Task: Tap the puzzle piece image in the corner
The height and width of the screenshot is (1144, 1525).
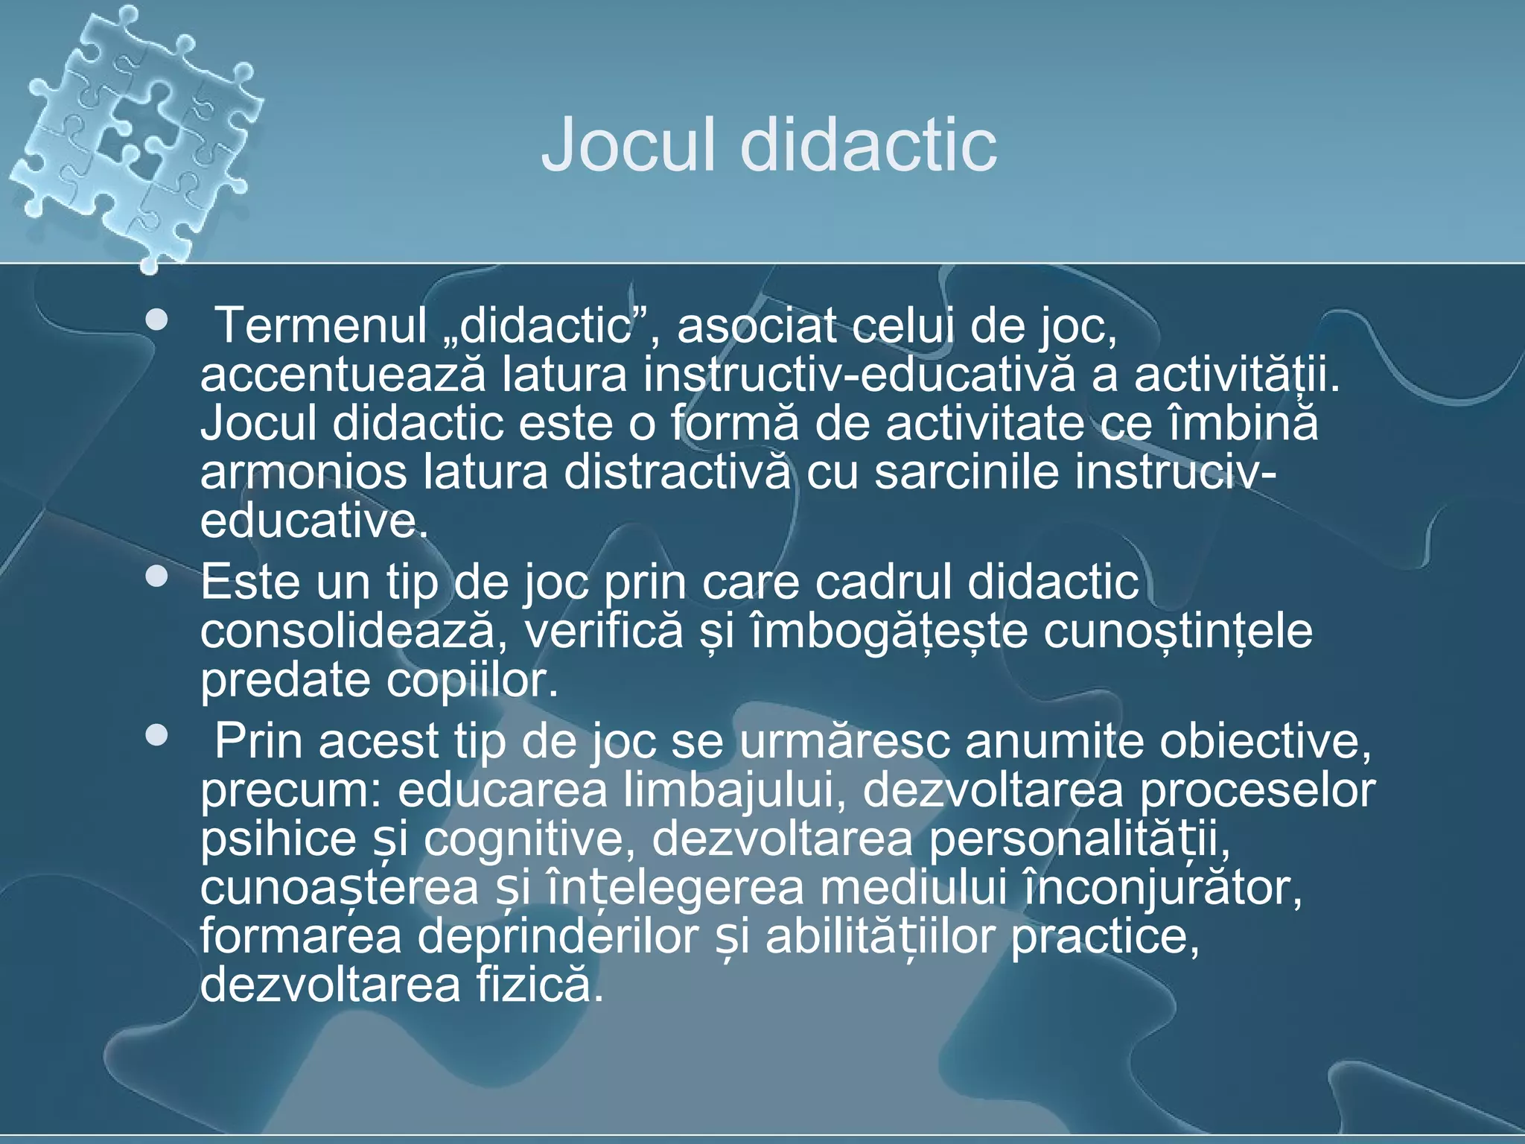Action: pos(134,134)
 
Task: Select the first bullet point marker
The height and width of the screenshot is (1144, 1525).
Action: pos(157,321)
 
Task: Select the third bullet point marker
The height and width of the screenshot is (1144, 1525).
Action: pos(157,736)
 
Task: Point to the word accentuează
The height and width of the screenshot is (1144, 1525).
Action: pos(343,375)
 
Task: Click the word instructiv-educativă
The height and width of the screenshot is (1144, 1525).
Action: pos(859,375)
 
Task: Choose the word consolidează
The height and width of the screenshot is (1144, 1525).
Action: pos(348,632)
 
